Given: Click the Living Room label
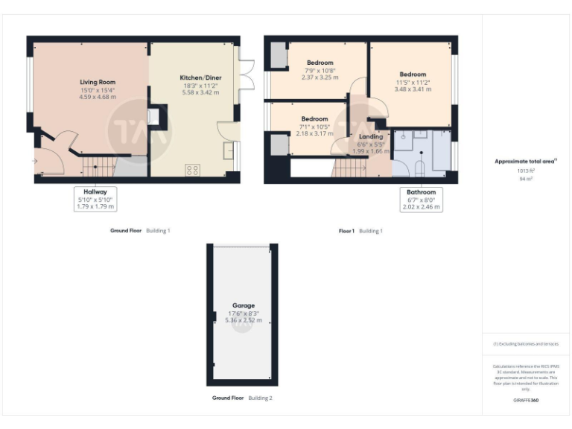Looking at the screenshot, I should [x=98, y=82].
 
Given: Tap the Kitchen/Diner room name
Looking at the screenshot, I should [x=200, y=77].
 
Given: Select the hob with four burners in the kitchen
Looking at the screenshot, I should [x=191, y=169].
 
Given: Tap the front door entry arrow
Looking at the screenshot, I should [x=34, y=160].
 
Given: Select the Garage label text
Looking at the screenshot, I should [x=243, y=305].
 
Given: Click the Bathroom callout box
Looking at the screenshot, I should [x=421, y=199].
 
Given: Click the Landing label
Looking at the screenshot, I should [x=370, y=136].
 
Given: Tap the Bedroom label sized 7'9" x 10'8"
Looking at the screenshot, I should [x=320, y=63].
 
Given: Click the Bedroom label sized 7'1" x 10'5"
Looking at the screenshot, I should [x=314, y=119].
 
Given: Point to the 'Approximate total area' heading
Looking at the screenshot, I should [x=525, y=161].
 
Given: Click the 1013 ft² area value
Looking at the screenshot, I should [x=526, y=171].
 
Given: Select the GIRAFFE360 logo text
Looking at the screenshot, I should [x=525, y=401].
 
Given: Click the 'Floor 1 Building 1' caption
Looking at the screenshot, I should [x=360, y=231].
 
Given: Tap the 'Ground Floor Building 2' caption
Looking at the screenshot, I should [x=242, y=398].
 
